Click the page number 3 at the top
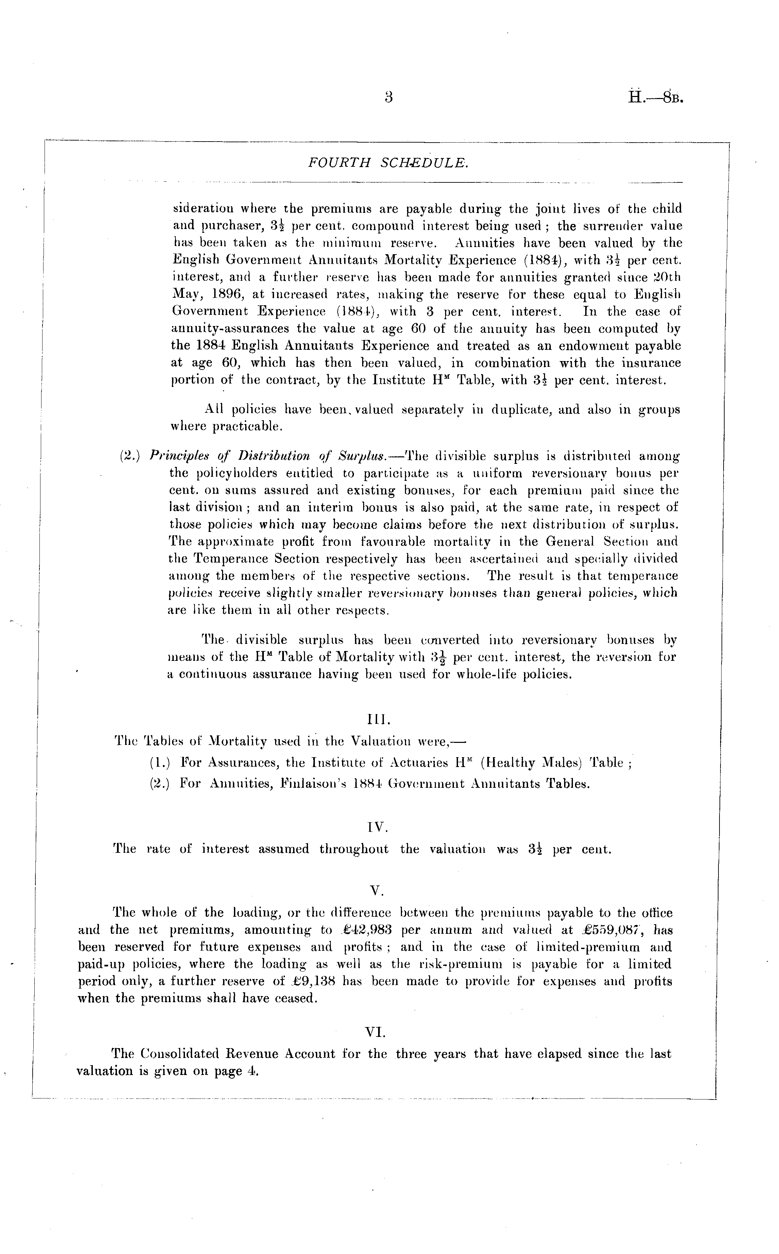click(x=389, y=97)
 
